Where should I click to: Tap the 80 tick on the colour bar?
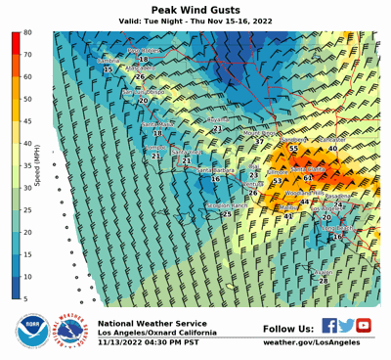pyautogui.click(x=28, y=32)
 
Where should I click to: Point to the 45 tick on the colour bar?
pyautogui.click(x=28, y=121)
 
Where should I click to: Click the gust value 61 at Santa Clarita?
pyautogui.click(x=308, y=178)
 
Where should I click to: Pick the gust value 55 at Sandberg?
pyautogui.click(x=293, y=149)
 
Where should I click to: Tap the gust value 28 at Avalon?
pyautogui.click(x=324, y=280)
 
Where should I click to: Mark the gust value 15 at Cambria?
pyautogui.click(x=108, y=69)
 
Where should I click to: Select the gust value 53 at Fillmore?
pyautogui.click(x=278, y=181)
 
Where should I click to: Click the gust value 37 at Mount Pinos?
pyautogui.click(x=259, y=141)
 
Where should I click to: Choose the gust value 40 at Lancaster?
pyautogui.click(x=332, y=148)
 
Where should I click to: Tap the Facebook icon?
pyautogui.click(x=329, y=326)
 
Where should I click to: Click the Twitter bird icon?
pyautogui.click(x=347, y=326)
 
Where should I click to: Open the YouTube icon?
pyautogui.click(x=364, y=326)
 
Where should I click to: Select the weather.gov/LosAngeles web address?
pyautogui.click(x=312, y=342)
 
